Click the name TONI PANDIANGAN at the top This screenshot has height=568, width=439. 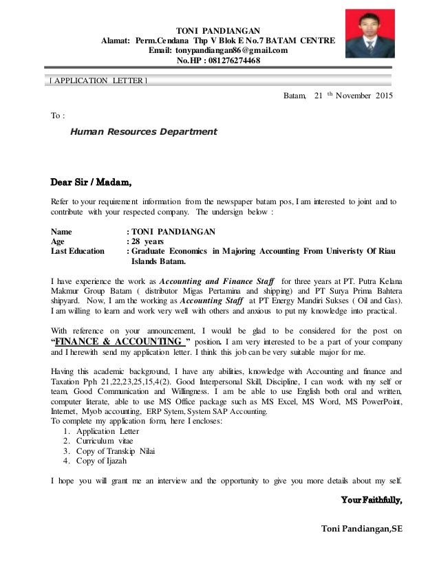coord(219,30)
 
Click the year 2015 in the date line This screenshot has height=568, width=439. coord(381,96)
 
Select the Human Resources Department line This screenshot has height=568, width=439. coord(144,131)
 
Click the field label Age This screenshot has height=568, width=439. coord(59,242)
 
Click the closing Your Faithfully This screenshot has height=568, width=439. coord(372,501)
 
